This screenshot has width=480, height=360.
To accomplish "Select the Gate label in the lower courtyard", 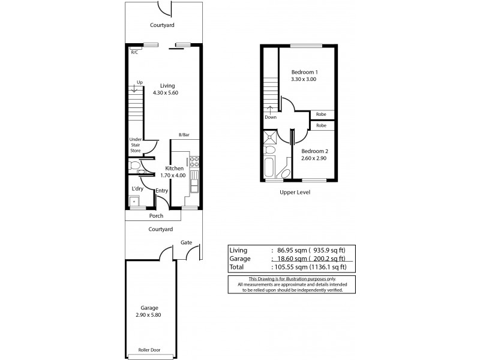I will click(x=186, y=243).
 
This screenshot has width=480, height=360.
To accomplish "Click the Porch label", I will click(x=156, y=216).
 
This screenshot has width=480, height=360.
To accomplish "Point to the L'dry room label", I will click(x=137, y=189).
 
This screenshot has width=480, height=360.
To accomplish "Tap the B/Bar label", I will click(x=185, y=135).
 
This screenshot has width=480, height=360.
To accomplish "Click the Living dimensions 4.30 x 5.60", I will click(x=166, y=92).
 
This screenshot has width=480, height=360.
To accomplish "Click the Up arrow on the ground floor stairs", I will click(x=134, y=88).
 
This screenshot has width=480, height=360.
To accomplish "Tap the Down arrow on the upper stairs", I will click(x=271, y=110).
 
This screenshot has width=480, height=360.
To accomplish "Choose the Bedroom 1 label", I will click(x=304, y=72).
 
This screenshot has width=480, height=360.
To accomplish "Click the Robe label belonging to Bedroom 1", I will click(x=322, y=113).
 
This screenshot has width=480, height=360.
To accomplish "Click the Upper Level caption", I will click(x=295, y=193).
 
